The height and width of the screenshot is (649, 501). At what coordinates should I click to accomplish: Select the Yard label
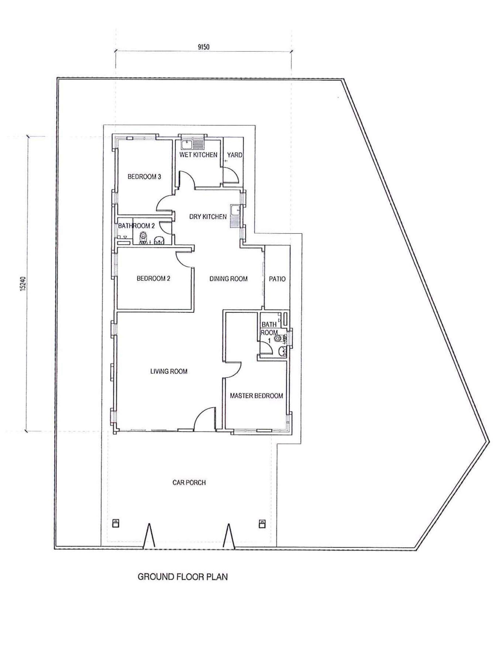[x=234, y=155]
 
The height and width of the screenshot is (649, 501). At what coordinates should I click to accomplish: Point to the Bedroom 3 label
[x=144, y=177]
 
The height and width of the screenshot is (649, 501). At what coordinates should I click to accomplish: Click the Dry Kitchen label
[x=208, y=217]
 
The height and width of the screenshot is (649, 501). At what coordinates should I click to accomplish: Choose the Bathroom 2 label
[x=136, y=226]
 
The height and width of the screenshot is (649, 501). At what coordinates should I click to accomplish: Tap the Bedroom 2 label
[x=153, y=278]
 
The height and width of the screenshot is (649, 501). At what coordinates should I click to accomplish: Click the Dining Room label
[x=229, y=279]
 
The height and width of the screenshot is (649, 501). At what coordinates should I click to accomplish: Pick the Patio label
[x=277, y=279]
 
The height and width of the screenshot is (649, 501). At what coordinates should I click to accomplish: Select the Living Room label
[x=169, y=371]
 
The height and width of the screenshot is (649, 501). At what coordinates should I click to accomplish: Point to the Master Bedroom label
[x=256, y=396]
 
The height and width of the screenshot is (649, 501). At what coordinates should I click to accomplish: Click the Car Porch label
[x=189, y=483]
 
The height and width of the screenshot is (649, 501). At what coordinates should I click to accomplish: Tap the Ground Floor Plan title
[x=183, y=577]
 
